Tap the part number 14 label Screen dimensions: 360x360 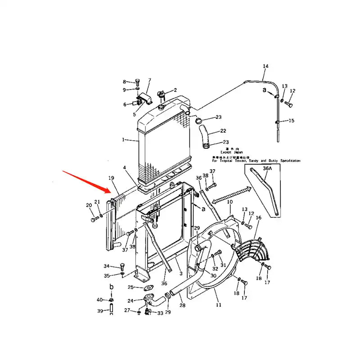click(265, 67)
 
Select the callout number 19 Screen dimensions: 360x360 click(111, 178)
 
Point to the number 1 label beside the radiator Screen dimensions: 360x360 click(123, 140)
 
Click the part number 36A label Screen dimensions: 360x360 click(267, 168)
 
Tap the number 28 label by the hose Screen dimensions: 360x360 click(182, 306)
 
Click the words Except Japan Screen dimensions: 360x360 click(231, 152)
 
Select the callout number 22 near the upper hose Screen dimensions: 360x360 click(223, 131)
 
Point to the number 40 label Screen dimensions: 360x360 click(99, 300)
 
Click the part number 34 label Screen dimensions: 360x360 click(106, 266)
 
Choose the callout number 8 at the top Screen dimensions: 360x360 click(125, 81)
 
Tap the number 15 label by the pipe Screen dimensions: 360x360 click(291, 121)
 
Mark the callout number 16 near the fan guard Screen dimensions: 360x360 click(258, 218)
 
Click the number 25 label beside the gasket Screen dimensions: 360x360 click(130, 287)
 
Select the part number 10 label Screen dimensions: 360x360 click(229, 202)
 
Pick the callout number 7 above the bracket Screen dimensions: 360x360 click(150, 80)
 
